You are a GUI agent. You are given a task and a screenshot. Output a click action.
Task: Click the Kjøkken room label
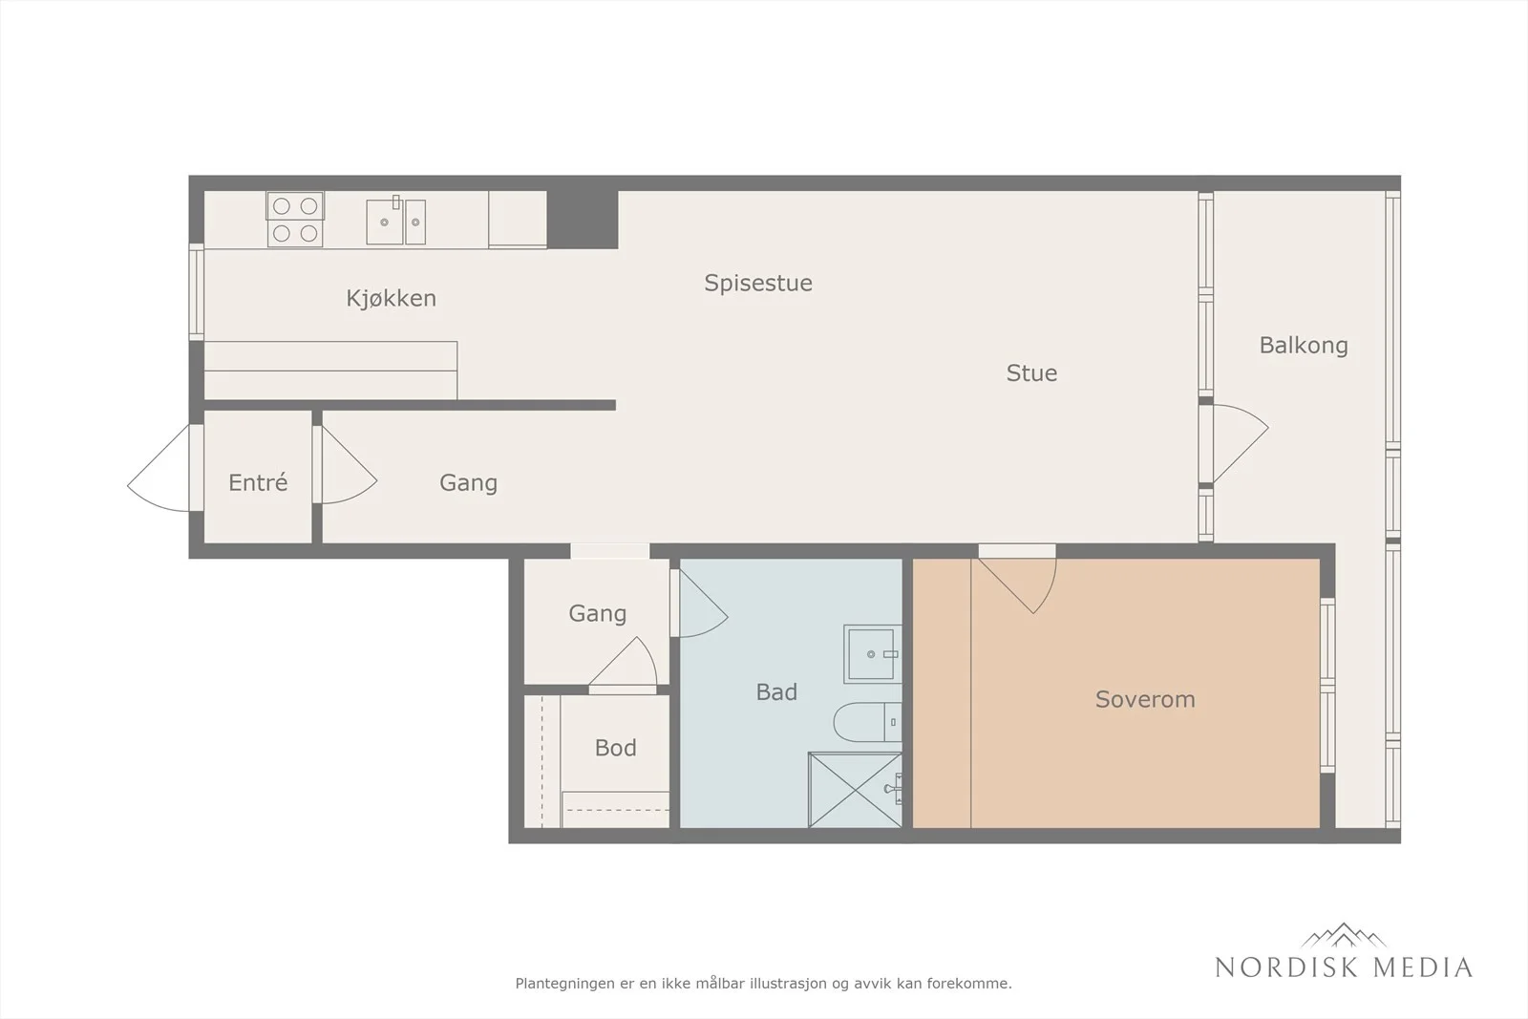pos(391,298)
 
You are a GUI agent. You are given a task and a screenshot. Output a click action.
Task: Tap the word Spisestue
pos(758,283)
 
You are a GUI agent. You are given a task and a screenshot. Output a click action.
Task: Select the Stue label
pos(1031,372)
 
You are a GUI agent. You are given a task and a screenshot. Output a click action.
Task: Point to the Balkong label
pos(1304,345)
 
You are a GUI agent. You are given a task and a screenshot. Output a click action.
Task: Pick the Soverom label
pos(1145,699)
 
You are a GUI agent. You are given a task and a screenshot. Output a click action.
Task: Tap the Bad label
pos(776,692)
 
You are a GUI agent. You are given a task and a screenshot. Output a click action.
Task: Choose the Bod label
pos(615,748)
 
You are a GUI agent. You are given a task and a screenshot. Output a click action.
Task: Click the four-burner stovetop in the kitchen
pos(295,219)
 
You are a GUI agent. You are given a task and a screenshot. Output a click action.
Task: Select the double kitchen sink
pos(395,220)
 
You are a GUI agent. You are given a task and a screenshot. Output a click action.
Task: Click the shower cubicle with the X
pos(855,790)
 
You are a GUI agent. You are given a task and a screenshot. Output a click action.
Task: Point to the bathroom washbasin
pos(873,654)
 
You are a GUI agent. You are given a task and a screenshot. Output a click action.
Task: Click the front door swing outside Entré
pos(159,468)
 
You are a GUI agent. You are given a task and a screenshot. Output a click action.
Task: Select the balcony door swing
pos(1241,444)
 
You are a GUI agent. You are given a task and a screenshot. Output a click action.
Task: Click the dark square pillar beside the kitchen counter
pos(583,220)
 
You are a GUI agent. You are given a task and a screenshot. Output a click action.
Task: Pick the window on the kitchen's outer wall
pos(197,292)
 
